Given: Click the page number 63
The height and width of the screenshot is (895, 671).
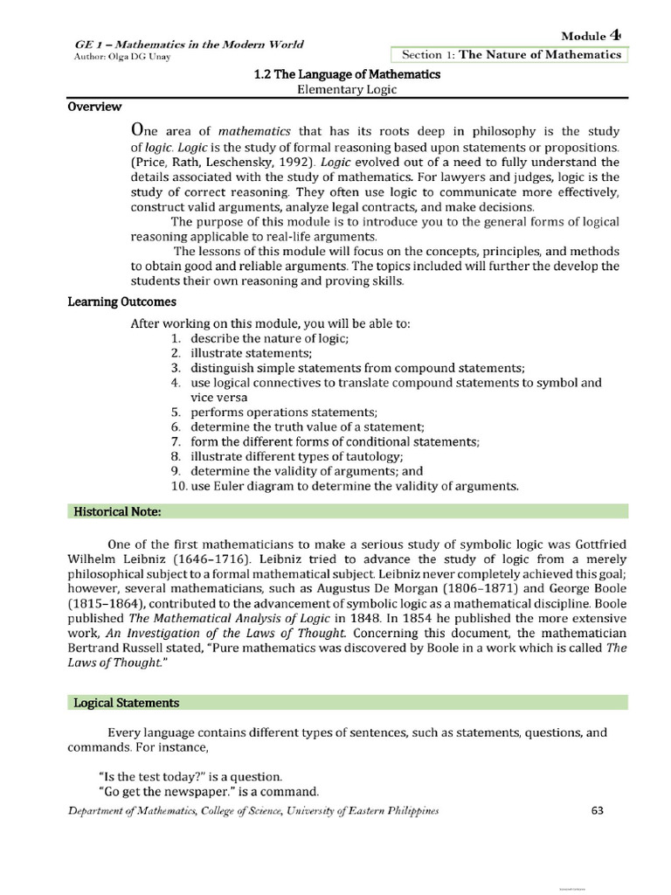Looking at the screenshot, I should pos(598,810).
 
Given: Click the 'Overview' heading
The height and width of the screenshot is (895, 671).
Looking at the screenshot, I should pos(95,107).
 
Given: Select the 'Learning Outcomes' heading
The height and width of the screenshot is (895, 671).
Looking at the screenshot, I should pos(122,302).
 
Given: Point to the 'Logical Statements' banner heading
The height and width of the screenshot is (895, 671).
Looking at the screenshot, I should pos(127,702).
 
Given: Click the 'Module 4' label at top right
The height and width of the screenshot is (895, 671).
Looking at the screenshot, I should pos(594,36).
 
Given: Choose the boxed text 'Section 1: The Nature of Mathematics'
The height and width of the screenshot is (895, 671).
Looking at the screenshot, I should pos(511,54).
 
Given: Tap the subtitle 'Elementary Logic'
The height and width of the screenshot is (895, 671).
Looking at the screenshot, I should pos(347,90).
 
